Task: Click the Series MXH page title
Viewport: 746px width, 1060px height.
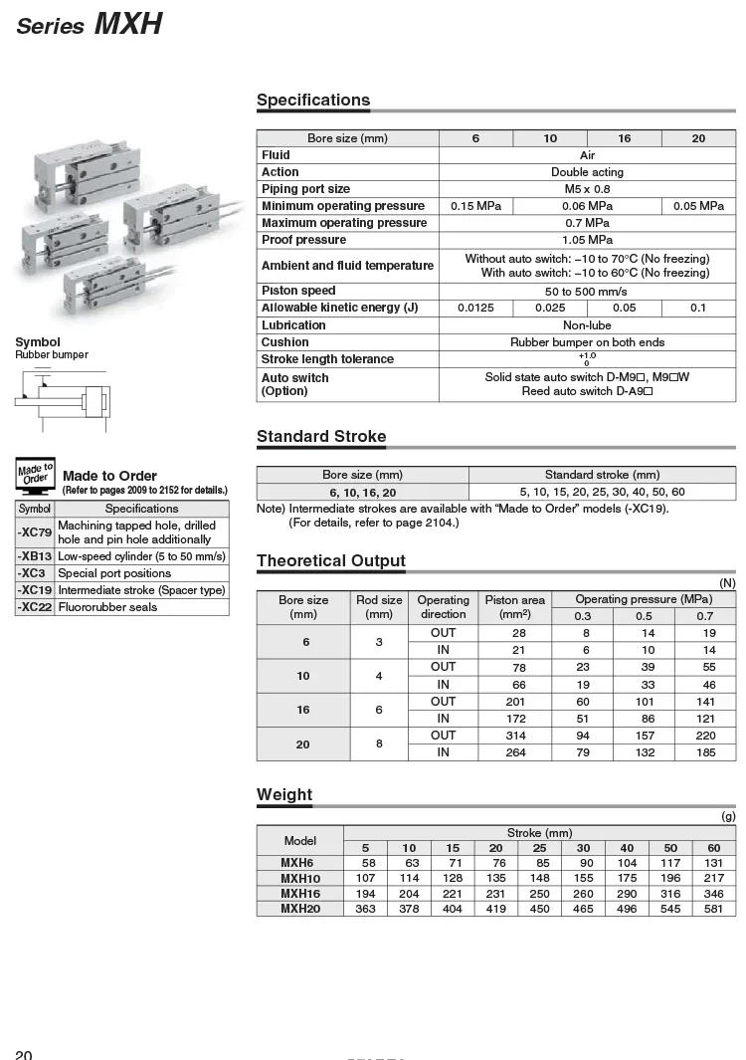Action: pos(90,23)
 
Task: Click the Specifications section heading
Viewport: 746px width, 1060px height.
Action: pos(312,100)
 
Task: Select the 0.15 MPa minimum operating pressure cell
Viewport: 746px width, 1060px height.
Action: pos(475,206)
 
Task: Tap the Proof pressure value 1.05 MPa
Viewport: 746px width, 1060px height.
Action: pos(587,240)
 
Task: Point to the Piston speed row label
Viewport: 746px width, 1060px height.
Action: pos(298,291)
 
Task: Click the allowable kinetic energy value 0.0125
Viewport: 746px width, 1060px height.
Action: pos(475,308)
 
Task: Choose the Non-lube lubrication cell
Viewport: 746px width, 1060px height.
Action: pos(587,325)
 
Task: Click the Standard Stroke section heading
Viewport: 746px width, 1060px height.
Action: pos(321,436)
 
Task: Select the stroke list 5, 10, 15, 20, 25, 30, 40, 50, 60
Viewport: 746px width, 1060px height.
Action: pos(602,492)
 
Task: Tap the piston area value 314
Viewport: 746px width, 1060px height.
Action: pos(514,736)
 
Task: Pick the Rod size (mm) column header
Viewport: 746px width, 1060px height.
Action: pos(379,607)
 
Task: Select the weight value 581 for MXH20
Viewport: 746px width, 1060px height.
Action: pos(713,909)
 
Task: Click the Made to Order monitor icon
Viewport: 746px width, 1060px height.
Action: pos(35,476)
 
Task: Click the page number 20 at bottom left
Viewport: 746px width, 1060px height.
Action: pos(24,1054)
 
